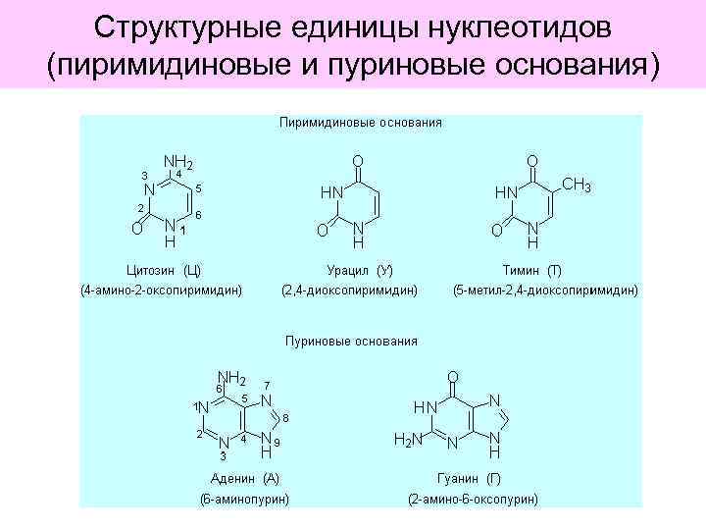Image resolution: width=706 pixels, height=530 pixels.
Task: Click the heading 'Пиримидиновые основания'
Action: point(360,124)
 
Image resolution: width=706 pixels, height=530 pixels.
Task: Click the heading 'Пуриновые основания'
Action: point(351,342)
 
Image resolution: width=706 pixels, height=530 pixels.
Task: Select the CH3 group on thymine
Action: point(575,184)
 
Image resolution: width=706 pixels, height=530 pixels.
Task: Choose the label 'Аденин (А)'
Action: point(245,478)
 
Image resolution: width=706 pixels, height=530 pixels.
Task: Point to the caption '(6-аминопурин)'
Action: point(245,499)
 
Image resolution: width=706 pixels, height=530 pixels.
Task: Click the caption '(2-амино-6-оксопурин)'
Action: point(473,499)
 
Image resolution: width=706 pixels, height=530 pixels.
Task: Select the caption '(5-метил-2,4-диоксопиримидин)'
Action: point(544,291)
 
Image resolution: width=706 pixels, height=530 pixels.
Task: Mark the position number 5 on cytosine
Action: point(199,187)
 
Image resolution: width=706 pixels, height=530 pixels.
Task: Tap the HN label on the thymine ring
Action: point(505,192)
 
